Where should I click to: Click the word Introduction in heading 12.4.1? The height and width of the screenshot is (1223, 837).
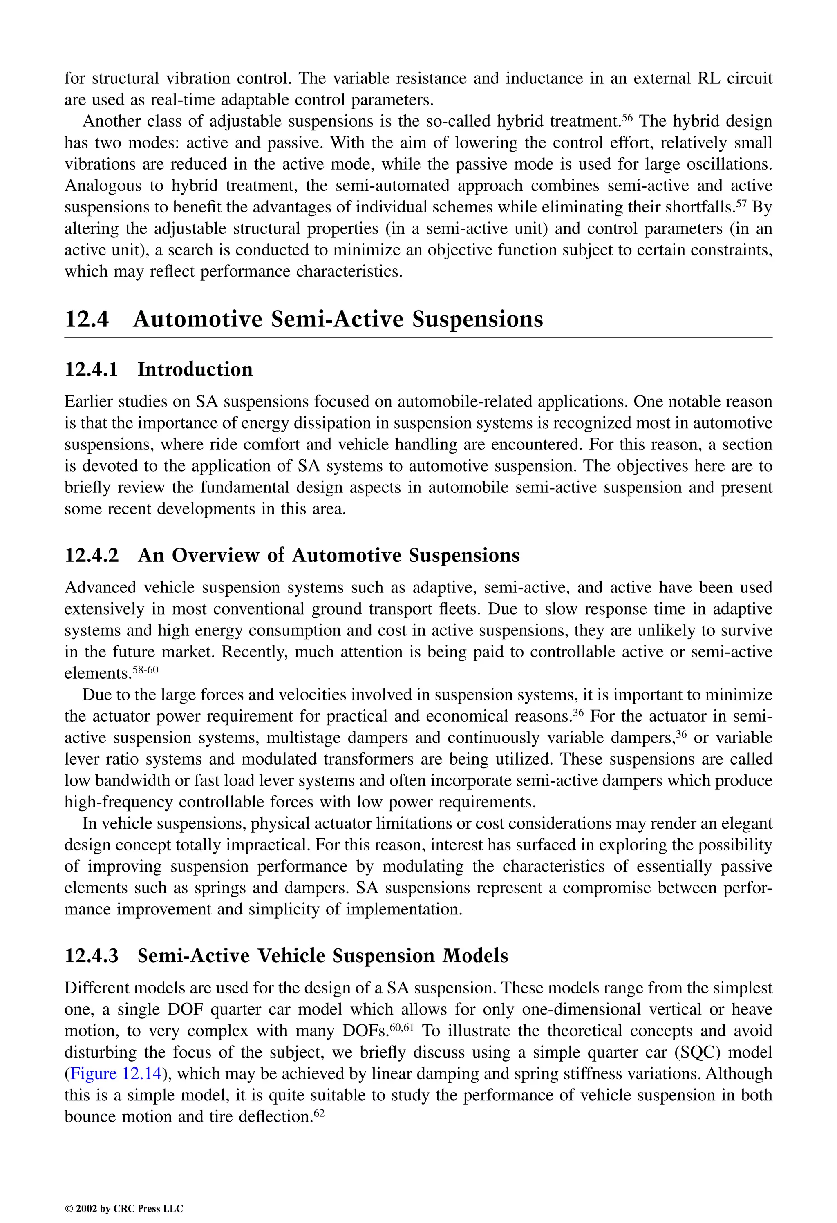(x=195, y=369)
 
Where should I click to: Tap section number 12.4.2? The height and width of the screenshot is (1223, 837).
(x=92, y=555)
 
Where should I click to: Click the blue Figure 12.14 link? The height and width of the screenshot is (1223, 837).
(x=115, y=1073)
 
